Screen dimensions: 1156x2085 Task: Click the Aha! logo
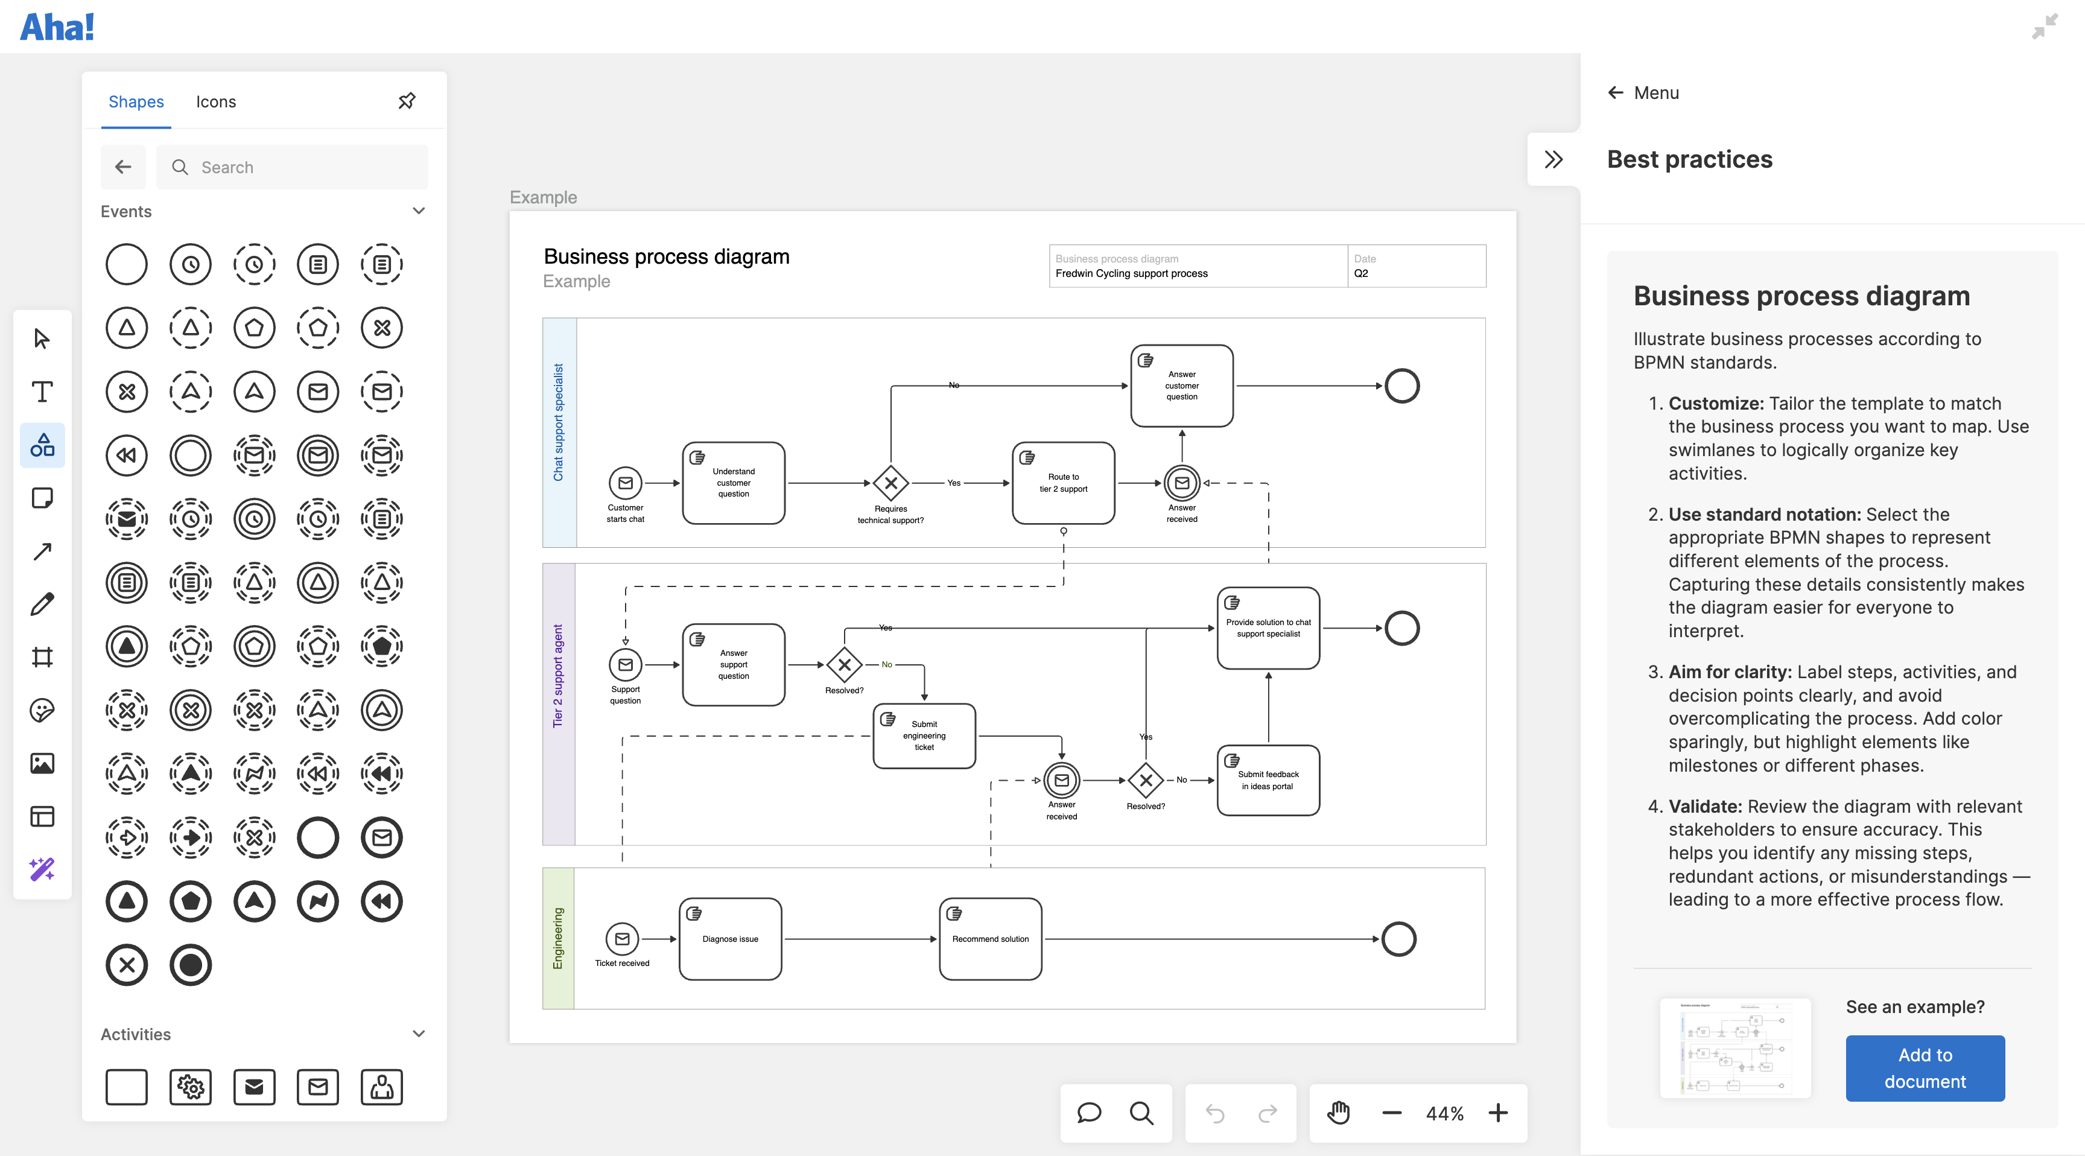(57, 28)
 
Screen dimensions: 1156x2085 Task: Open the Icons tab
(215, 102)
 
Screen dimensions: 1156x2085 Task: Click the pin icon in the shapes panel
(407, 101)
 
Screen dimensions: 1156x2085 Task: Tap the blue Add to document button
(1924, 1068)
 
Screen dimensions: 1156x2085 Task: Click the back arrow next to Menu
(1615, 93)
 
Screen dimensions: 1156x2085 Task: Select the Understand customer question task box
(734, 483)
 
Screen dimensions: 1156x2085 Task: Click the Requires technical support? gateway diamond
(890, 483)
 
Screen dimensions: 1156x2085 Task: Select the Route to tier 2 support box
(1063, 483)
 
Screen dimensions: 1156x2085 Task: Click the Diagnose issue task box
(730, 939)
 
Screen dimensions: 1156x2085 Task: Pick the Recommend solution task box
(990, 939)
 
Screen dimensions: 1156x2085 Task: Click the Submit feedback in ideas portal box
(1268, 780)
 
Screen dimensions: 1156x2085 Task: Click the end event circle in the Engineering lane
(1398, 939)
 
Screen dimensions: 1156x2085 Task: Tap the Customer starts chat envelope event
(625, 483)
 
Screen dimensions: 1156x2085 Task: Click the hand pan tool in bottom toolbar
(1339, 1113)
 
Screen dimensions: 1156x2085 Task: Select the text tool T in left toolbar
(42, 392)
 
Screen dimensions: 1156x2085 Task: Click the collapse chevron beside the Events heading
(419, 211)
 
